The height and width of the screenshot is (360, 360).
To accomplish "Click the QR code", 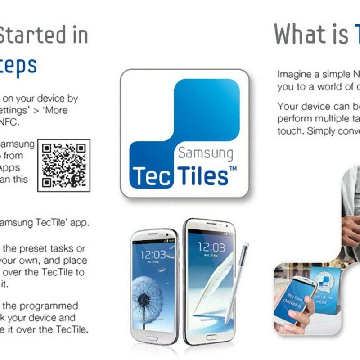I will pyautogui.click(x=64, y=165).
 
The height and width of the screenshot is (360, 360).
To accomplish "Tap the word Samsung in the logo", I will pyautogui.click(x=205, y=153).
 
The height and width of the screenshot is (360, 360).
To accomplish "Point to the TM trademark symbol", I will pyautogui.click(x=233, y=168).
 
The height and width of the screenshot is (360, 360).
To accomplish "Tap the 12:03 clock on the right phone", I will pyautogui.click(x=211, y=247).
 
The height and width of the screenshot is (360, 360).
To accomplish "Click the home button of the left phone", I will pyautogui.click(x=153, y=337).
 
